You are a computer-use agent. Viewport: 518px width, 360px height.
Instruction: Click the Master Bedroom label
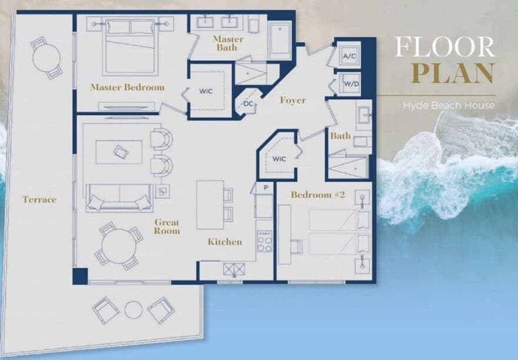[x=127, y=87]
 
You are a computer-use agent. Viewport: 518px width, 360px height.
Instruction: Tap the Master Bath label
[x=228, y=43]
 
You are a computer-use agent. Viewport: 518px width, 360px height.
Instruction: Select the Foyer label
[x=292, y=100]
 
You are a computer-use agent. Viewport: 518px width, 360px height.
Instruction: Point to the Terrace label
[x=39, y=200]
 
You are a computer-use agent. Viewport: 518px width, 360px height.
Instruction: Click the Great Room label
[x=167, y=227]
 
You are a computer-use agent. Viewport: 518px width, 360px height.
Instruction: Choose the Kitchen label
[x=225, y=242]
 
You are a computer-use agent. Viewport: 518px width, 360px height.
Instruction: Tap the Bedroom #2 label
[x=318, y=195]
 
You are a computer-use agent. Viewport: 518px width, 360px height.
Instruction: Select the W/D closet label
[x=348, y=85]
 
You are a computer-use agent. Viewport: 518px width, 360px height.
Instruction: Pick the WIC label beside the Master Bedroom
[x=206, y=91]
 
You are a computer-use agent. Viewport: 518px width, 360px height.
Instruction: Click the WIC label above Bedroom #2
[x=278, y=159]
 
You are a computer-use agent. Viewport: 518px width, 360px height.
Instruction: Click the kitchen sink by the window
[x=234, y=268]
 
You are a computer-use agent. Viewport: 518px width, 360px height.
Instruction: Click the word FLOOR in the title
[x=444, y=48]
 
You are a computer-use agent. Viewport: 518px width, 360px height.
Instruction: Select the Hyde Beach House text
[x=448, y=105]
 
